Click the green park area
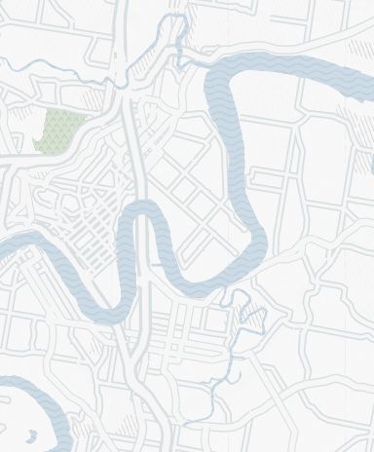[x=59, y=129]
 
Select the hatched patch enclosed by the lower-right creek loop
[x=251, y=315]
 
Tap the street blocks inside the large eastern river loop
[x=195, y=175]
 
